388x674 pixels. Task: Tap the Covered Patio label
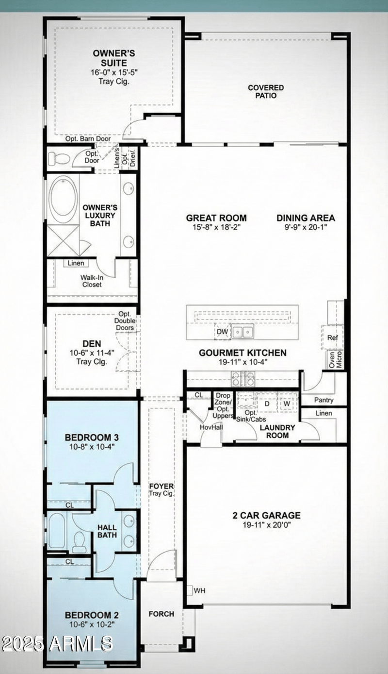(x=266, y=92)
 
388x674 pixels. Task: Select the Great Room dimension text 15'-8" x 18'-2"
(x=216, y=227)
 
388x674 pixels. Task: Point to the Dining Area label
(x=306, y=218)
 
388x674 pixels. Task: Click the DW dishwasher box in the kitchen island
(x=222, y=332)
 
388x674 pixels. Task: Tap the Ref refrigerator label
(x=333, y=338)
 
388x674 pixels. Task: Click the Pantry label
(x=323, y=400)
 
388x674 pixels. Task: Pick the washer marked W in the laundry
(x=287, y=404)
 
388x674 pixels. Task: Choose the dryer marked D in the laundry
(x=266, y=404)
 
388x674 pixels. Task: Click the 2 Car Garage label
(x=266, y=515)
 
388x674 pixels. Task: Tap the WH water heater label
(x=199, y=590)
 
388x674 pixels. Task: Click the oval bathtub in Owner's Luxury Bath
(x=63, y=200)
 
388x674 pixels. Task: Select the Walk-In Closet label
(x=91, y=281)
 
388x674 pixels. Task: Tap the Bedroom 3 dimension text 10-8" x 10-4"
(x=91, y=446)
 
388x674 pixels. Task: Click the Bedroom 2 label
(x=91, y=615)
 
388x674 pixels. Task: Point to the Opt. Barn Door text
(x=88, y=139)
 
